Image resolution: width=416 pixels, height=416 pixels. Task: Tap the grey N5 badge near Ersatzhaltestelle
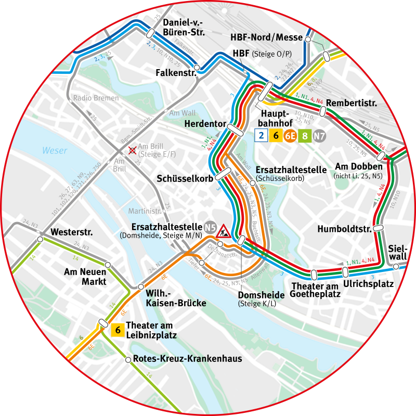click(210, 227)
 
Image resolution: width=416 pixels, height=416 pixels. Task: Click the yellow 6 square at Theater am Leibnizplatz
click(118, 330)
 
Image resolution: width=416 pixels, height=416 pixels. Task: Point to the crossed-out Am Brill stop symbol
click(133, 150)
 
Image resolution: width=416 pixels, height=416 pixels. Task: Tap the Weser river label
click(55, 151)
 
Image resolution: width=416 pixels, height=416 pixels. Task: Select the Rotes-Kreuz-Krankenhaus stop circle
click(128, 359)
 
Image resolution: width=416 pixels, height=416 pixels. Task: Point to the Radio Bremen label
click(96, 98)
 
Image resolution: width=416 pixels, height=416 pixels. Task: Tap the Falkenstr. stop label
click(175, 73)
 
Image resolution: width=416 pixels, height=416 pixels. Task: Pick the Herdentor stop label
click(205, 124)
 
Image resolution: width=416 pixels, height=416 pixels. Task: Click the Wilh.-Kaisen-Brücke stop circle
click(140, 287)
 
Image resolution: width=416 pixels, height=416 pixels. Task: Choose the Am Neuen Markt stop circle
click(108, 265)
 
